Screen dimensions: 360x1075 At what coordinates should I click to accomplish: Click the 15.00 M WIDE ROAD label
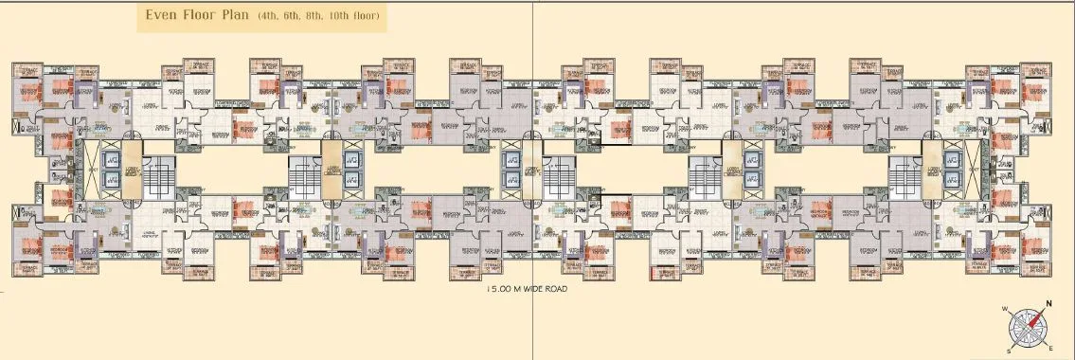(x=526, y=289)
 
